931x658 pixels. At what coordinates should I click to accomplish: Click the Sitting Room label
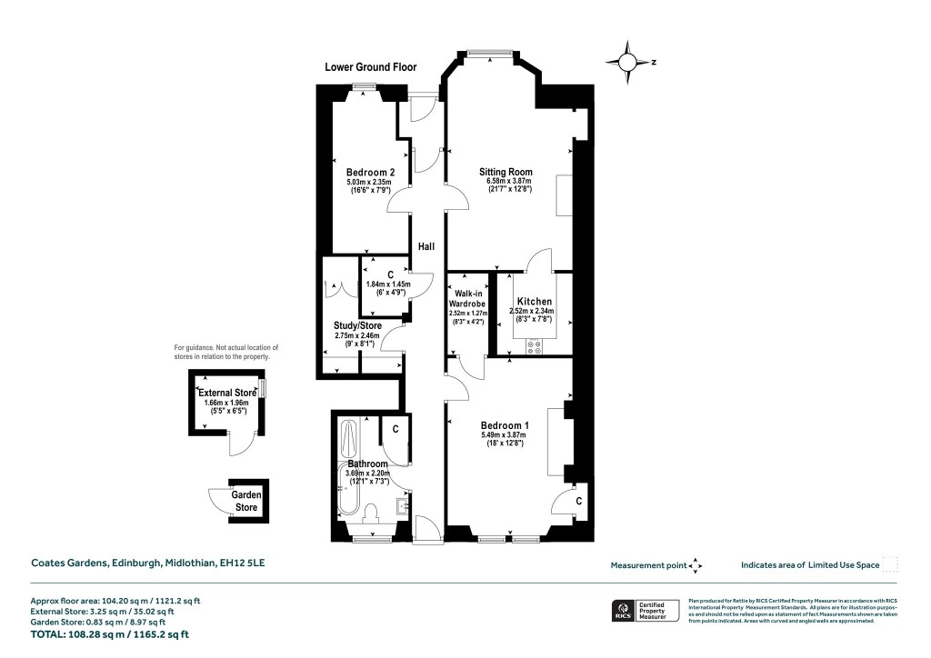(x=506, y=172)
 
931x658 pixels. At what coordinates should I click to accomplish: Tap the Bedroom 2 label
(x=370, y=173)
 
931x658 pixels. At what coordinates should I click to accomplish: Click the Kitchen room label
(x=535, y=302)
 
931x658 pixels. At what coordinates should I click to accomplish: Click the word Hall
(x=426, y=246)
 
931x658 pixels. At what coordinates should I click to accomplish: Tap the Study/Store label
(x=357, y=325)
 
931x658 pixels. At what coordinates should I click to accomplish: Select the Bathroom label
(x=368, y=464)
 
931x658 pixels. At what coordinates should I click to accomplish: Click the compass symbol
(x=627, y=62)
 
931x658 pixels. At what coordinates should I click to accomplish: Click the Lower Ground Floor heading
(x=371, y=67)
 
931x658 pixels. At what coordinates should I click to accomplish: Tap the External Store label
(x=227, y=393)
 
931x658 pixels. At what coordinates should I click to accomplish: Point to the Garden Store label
(x=247, y=501)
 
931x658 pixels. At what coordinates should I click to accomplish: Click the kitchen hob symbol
(x=534, y=344)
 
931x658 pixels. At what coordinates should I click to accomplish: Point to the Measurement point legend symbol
(x=696, y=565)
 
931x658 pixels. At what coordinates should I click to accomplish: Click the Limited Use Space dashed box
(x=890, y=564)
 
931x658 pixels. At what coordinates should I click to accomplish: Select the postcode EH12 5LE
(x=243, y=563)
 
